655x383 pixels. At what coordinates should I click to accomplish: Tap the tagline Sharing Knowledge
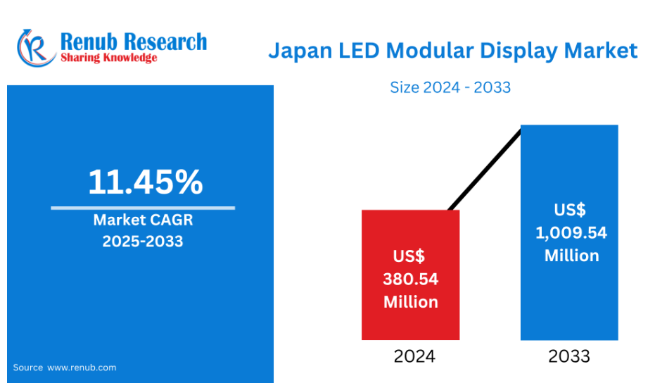(x=109, y=58)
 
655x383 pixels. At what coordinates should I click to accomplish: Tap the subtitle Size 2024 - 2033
(x=450, y=88)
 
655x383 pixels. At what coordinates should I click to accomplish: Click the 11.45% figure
(x=145, y=182)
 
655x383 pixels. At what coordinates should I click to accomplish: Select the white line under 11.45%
(x=143, y=208)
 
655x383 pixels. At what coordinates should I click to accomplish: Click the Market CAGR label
(x=143, y=220)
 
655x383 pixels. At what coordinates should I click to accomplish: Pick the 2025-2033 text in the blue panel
(x=143, y=241)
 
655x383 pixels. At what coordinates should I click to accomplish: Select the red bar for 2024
(x=411, y=324)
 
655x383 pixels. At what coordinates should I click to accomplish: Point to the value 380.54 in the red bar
(x=411, y=280)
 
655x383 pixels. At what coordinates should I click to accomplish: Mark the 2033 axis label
(x=569, y=356)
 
